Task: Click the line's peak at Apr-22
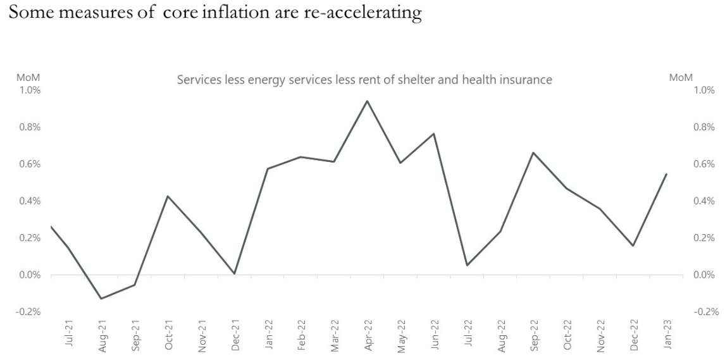[x=367, y=101]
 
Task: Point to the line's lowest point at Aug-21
[x=101, y=299]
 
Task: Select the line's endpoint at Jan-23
[x=667, y=174]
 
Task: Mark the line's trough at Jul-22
[x=467, y=265]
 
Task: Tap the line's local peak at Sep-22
[x=533, y=152]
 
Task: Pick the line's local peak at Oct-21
[x=167, y=196]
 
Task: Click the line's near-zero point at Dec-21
[x=234, y=273]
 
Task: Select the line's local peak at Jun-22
[x=433, y=133]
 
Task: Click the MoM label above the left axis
[x=28, y=78]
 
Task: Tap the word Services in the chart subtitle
[x=197, y=80]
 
